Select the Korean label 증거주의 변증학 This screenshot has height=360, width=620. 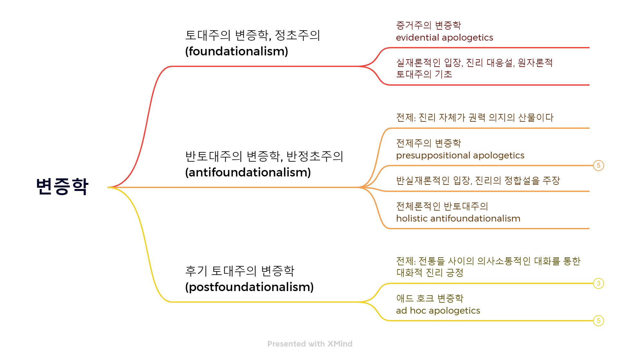pyautogui.click(x=428, y=25)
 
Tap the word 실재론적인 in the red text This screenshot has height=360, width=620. pyautogui.click(x=418, y=62)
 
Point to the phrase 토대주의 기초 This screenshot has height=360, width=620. pyautogui.click(x=424, y=74)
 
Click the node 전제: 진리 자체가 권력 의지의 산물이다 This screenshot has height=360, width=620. pyautogui.click(x=474, y=118)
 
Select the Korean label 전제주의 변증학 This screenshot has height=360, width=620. pyautogui.click(x=428, y=143)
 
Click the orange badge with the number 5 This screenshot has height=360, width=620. pyautogui.click(x=598, y=166)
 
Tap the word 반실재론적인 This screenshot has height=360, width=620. pyautogui.click(x=423, y=181)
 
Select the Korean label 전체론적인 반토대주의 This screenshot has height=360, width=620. pyautogui.click(x=442, y=206)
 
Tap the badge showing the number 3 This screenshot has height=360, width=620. pyautogui.click(x=598, y=283)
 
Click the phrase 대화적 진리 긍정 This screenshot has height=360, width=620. pyautogui.click(x=430, y=273)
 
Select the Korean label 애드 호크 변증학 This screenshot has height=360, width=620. pyautogui.click(x=430, y=298)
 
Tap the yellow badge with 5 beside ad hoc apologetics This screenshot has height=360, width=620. pyautogui.click(x=598, y=321)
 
